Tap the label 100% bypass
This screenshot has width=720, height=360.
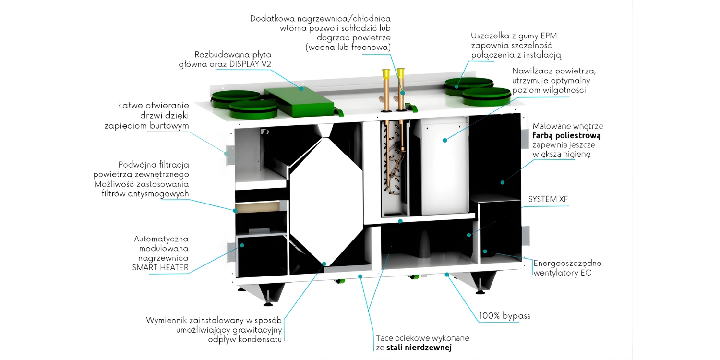(x=504, y=316)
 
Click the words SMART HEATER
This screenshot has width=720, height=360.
(x=160, y=267)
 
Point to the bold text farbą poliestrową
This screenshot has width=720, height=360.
(x=566, y=135)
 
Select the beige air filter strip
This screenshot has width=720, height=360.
(x=259, y=207)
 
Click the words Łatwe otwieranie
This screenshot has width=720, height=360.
(x=154, y=105)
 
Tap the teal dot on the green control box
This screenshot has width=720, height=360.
(x=301, y=88)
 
